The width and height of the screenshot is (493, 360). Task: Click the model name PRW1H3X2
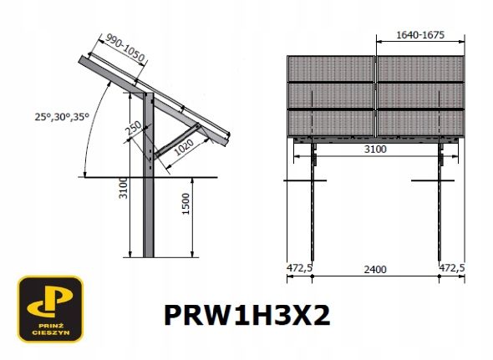[247, 316]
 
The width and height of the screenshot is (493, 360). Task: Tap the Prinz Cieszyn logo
[51, 309]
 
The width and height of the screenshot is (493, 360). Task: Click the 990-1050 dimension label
[125, 48]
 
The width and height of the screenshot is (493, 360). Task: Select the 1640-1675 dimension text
[420, 35]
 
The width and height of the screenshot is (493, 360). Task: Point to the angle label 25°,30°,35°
[62, 117]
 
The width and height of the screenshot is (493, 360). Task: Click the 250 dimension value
[135, 129]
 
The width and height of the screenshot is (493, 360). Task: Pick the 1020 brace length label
[184, 148]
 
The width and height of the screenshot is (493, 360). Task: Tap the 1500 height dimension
[186, 204]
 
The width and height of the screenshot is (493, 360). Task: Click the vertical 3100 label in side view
[124, 188]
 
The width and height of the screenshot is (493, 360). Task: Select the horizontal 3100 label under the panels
[375, 149]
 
